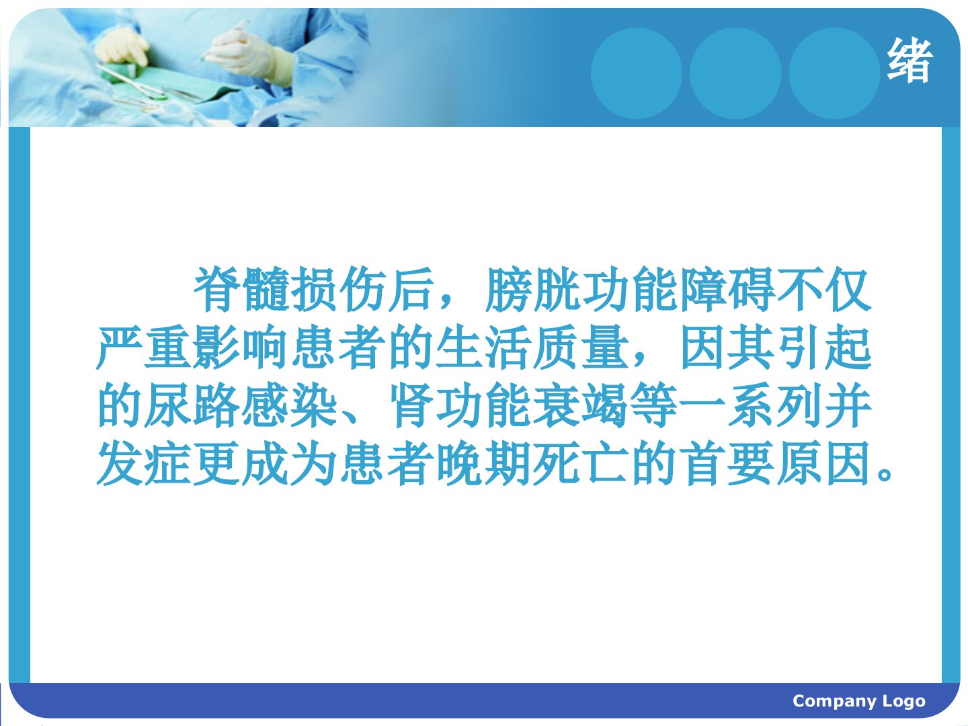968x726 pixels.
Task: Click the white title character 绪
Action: point(910,61)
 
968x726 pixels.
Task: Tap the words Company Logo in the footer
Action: point(858,700)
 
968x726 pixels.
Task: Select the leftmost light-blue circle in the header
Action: point(637,73)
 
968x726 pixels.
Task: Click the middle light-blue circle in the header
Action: point(735,73)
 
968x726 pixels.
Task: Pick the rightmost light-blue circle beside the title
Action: point(834,73)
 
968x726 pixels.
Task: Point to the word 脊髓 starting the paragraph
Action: point(242,290)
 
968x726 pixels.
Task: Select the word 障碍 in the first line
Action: point(727,290)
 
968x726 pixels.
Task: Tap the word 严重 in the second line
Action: point(145,348)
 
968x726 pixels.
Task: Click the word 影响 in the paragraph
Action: point(241,348)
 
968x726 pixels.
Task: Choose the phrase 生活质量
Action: point(532,348)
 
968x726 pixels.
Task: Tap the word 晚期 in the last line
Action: point(484,464)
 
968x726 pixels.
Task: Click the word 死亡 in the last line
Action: point(581,464)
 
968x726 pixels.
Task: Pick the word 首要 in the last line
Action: point(726,464)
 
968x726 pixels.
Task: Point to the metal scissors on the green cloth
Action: point(132,81)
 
